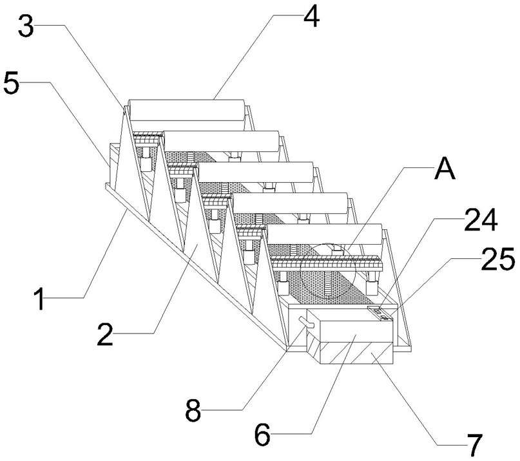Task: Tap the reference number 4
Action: click(x=310, y=18)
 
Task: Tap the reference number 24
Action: click(x=480, y=222)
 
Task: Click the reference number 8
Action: click(x=193, y=410)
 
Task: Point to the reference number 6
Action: click(x=262, y=436)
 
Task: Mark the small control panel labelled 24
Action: click(x=380, y=314)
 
